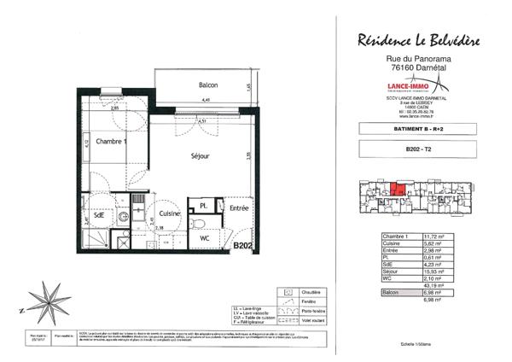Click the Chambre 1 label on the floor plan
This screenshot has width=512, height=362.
point(111,142)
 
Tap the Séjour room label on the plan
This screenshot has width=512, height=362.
point(201,156)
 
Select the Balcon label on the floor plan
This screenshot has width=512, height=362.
point(207,85)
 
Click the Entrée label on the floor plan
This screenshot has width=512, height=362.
point(238,207)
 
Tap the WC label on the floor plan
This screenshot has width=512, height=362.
point(205,238)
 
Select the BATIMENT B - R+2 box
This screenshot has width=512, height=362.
point(416,128)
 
